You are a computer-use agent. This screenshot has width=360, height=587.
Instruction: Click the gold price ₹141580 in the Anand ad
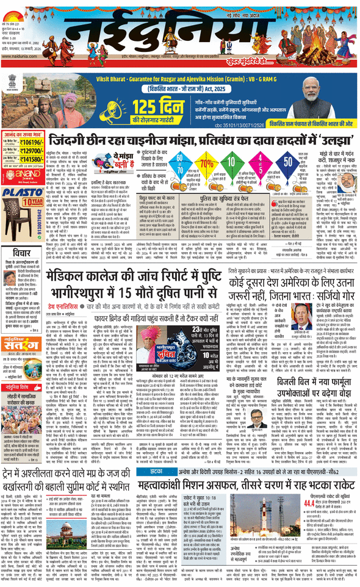(30, 160)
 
